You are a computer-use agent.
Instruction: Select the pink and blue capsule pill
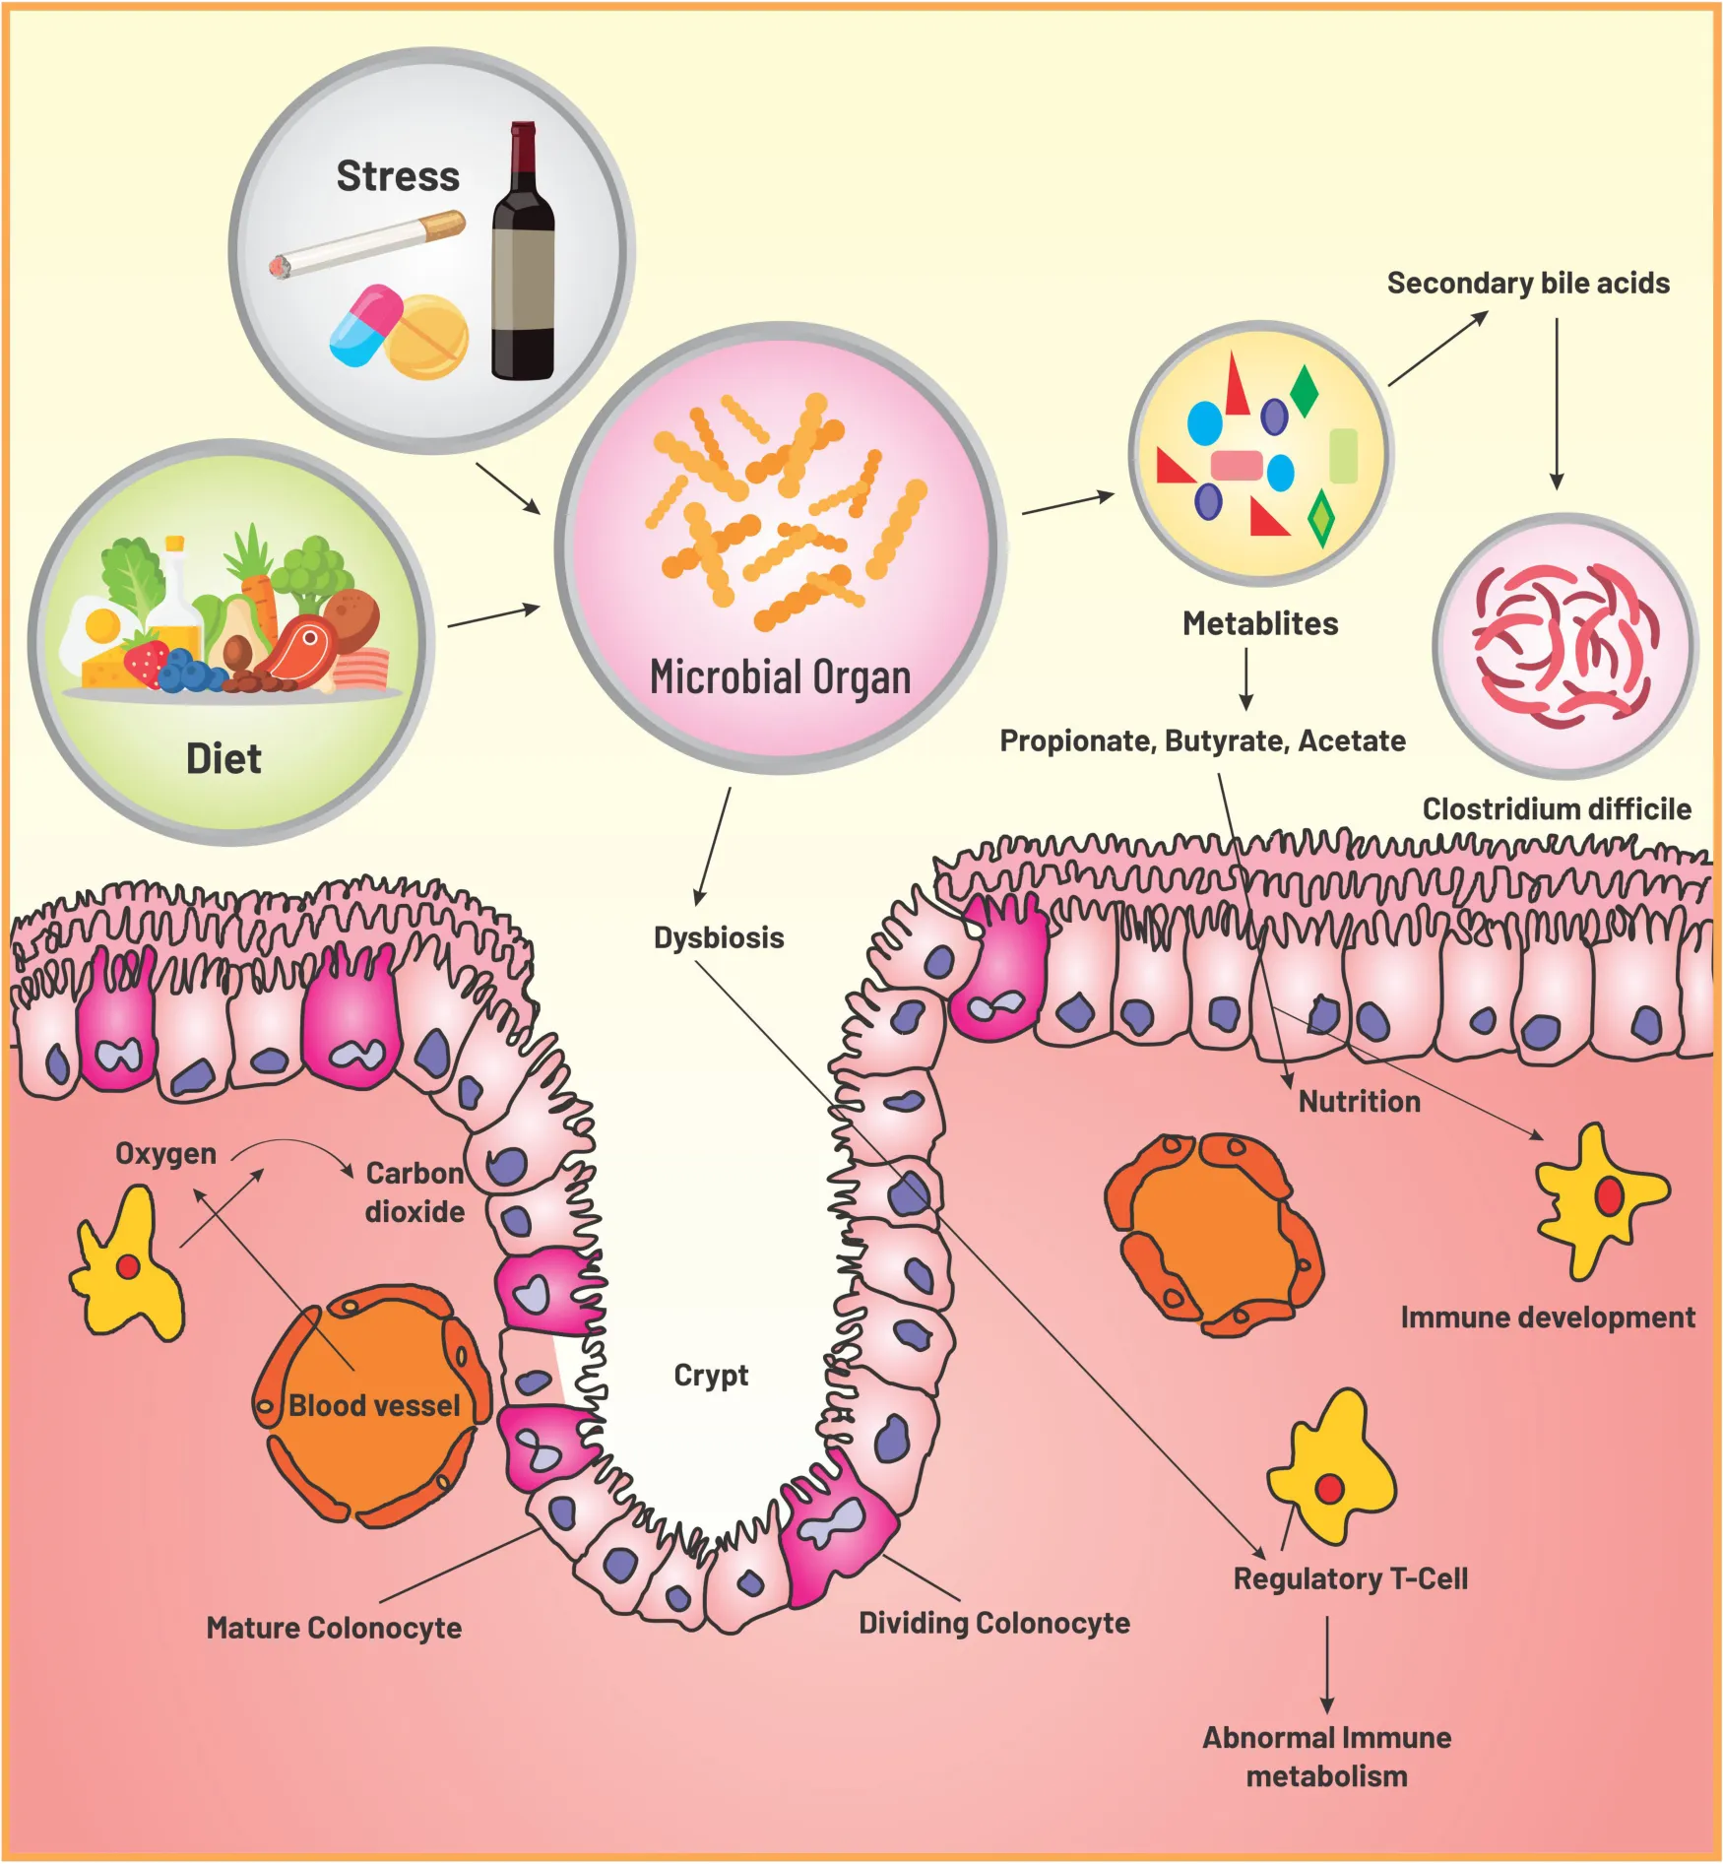pyautogui.click(x=364, y=324)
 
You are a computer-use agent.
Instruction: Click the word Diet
pyautogui.click(x=223, y=759)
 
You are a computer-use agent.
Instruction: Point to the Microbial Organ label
pyautogui.click(x=780, y=677)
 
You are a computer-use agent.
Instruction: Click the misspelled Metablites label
pyautogui.click(x=1260, y=623)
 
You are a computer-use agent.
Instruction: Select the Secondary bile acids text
pyautogui.click(x=1528, y=284)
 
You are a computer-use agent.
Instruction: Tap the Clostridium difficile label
pyautogui.click(x=1557, y=809)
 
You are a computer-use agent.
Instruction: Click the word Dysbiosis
pyautogui.click(x=719, y=937)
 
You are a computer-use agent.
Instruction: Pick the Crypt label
pyautogui.click(x=711, y=1375)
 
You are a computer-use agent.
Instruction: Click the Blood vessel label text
pyautogui.click(x=374, y=1405)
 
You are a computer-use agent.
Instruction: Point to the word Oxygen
pyautogui.click(x=165, y=1153)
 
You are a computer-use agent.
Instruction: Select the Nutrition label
pyautogui.click(x=1359, y=1101)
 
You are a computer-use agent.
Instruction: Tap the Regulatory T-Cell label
pyautogui.click(x=1350, y=1578)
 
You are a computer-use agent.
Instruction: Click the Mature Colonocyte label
pyautogui.click(x=334, y=1628)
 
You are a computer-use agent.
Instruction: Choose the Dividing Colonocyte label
pyautogui.click(x=994, y=1623)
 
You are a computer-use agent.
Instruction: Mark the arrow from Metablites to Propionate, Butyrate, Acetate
pyautogui.click(x=1246, y=679)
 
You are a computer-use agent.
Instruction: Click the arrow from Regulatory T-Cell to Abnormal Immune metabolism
pyautogui.click(x=1327, y=1664)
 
